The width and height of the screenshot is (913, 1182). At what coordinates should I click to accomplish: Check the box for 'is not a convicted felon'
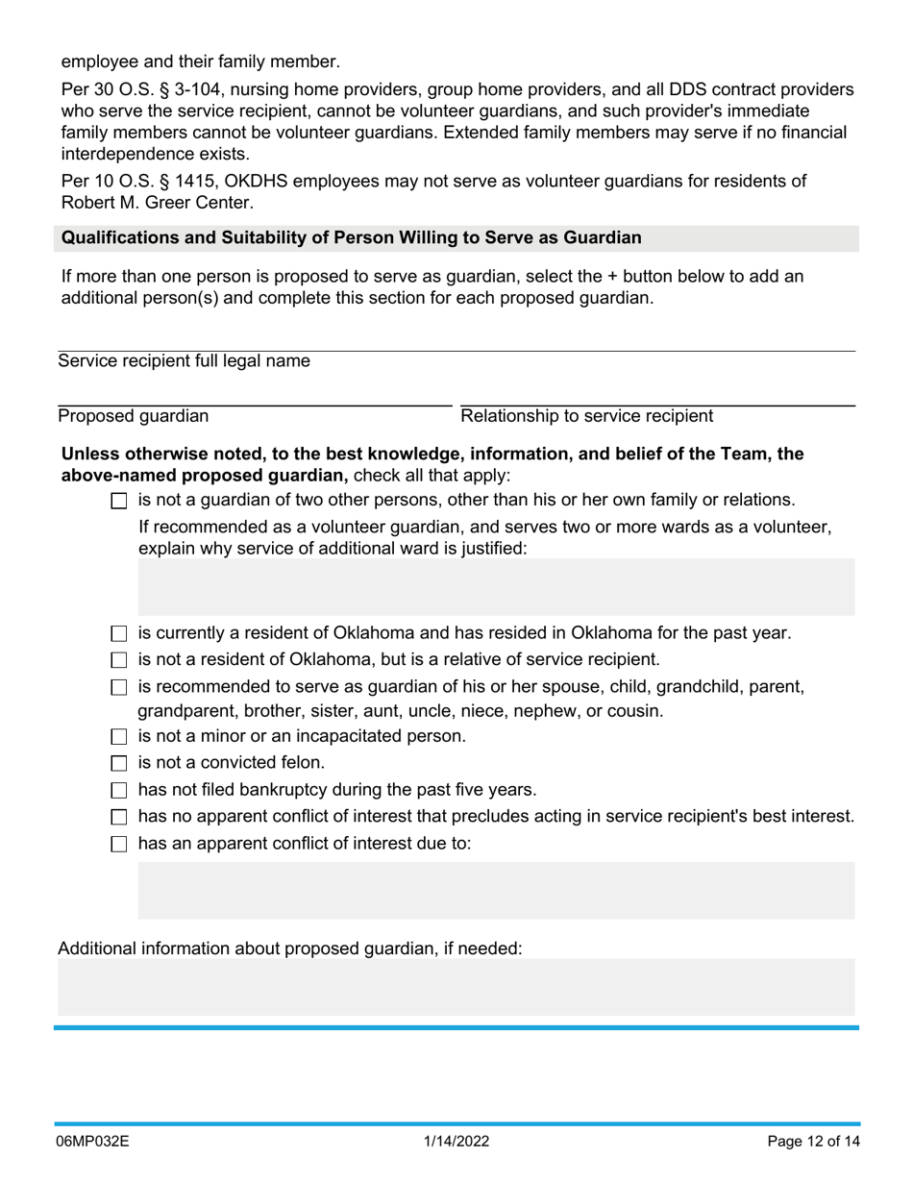click(x=119, y=764)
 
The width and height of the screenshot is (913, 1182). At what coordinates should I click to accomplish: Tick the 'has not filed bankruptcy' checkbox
click(x=119, y=791)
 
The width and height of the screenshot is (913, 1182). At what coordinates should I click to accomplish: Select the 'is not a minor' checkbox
click(x=119, y=737)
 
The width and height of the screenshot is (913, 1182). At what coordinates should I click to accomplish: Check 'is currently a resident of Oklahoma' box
click(x=119, y=634)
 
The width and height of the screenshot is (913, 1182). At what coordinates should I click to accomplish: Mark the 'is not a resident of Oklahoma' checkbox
click(x=119, y=660)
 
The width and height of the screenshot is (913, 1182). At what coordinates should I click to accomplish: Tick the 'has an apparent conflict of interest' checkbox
click(x=119, y=845)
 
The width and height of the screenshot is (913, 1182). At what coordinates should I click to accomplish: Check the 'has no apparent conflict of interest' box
click(x=119, y=818)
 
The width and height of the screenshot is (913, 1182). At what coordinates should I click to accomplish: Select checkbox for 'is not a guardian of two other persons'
click(x=119, y=501)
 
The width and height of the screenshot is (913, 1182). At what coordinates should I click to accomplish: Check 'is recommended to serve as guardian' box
click(x=119, y=687)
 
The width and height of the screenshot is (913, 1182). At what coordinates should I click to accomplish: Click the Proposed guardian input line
click(x=254, y=395)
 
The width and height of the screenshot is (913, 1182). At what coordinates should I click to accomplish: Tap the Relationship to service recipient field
click(x=657, y=395)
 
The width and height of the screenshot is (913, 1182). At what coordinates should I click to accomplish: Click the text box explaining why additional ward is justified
click(x=496, y=587)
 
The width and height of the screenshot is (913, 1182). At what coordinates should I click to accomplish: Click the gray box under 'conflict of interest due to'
click(x=496, y=891)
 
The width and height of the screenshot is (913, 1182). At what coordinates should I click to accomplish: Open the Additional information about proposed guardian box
click(x=456, y=987)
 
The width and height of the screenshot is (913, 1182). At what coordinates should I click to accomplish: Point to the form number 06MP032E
click(x=93, y=1142)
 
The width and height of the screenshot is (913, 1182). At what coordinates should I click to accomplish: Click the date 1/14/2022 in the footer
click(x=456, y=1142)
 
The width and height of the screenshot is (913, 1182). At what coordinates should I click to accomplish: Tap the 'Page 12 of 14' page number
click(x=813, y=1142)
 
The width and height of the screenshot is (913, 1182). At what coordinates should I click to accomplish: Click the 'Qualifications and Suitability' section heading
click(x=352, y=237)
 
